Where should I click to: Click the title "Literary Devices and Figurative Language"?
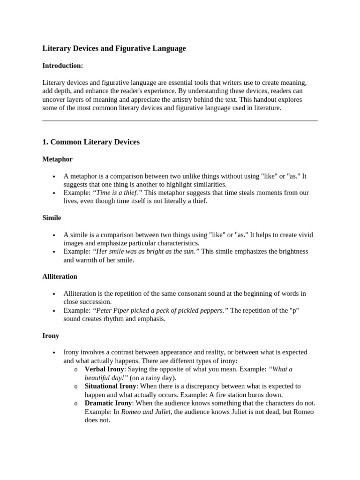click(114, 48)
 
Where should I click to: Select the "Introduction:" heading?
click(63, 66)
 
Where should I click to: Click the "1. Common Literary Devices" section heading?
click(91, 142)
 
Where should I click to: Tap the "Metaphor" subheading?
click(57, 159)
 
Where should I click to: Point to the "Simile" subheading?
click(52, 218)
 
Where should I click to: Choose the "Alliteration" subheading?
click(60, 277)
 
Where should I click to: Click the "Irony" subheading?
click(51, 336)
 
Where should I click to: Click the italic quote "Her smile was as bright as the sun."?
click(146, 251)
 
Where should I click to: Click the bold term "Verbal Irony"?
click(104, 369)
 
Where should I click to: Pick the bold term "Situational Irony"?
click(110, 386)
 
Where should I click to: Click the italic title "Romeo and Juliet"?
click(147, 412)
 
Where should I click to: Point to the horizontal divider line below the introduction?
click(180, 121)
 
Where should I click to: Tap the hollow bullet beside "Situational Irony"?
click(75, 387)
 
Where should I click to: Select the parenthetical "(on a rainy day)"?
click(153, 378)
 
